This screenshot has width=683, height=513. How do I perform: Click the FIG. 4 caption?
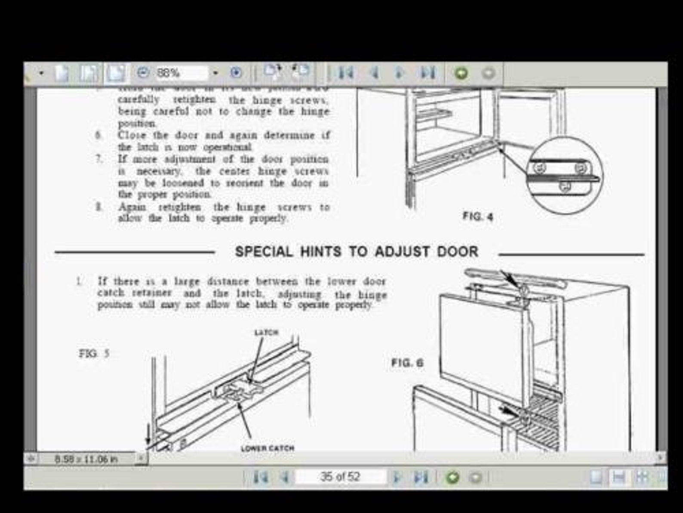477,216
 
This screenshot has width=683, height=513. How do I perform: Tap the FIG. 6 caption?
407,363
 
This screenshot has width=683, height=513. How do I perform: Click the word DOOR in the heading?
458,252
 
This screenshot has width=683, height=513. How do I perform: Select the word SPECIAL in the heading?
264,252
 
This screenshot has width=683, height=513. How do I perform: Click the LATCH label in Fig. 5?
267,332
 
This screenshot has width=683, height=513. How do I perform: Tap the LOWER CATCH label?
268,448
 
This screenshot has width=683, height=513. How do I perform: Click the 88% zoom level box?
181,73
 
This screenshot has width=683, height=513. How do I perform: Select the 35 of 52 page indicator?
340,477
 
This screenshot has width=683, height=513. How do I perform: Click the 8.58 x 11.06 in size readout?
86,459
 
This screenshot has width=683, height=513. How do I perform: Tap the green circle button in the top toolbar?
461,73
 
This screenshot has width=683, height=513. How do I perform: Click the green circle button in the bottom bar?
452,477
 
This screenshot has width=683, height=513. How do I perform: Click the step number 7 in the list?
98,159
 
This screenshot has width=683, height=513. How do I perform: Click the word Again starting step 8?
132,207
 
